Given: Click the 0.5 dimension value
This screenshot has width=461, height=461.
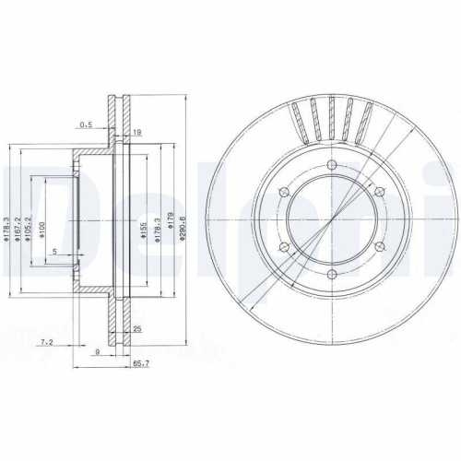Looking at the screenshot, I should pyautogui.click(x=86, y=123).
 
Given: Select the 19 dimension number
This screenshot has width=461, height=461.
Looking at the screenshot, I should pyautogui.click(x=136, y=134).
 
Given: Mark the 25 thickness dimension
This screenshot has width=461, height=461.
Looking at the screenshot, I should pyautogui.click(x=137, y=327).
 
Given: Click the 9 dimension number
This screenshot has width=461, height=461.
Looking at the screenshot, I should pyautogui.click(x=96, y=350).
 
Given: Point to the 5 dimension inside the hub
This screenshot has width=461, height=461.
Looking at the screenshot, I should pyautogui.click(x=54, y=251).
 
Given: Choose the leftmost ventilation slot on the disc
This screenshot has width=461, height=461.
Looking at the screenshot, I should pyautogui.click(x=296, y=122).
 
